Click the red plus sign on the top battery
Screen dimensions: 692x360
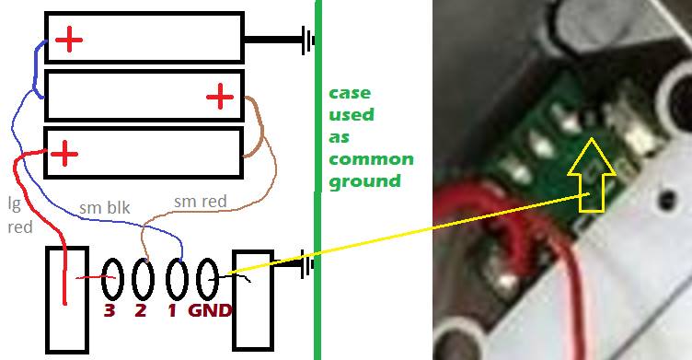click(69, 40)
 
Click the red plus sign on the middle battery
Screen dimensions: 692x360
click(220, 97)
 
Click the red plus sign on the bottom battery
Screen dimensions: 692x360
click(64, 154)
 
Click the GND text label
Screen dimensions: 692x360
click(210, 310)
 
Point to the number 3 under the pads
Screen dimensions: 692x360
click(110, 310)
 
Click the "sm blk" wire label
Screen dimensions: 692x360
click(105, 207)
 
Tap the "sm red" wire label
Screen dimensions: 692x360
click(201, 202)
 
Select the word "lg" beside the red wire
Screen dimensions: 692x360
click(15, 204)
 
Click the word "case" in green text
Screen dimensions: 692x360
click(350, 93)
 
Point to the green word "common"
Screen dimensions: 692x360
click(371, 159)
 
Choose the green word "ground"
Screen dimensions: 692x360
click(365, 181)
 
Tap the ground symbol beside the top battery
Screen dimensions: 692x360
click(308, 41)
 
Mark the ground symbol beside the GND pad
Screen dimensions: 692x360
click(307, 263)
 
